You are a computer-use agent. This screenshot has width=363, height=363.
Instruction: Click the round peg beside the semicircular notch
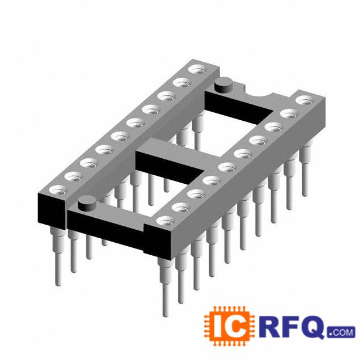point(223,85)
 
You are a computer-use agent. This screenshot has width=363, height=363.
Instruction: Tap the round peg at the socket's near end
point(87,203)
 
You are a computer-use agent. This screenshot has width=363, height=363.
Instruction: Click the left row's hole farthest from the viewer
point(197,69)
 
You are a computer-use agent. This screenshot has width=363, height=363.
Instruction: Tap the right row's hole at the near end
point(165,221)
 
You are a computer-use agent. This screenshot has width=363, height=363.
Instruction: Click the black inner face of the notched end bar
point(238,107)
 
